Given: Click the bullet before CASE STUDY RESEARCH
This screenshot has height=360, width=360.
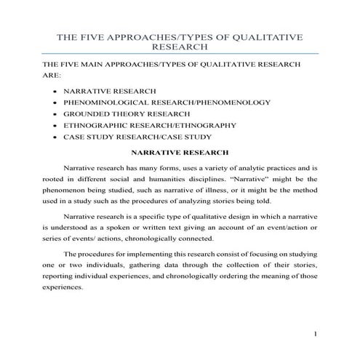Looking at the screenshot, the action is pos(55,136).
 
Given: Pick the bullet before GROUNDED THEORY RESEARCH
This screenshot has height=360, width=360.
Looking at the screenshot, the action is pos(55,114).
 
